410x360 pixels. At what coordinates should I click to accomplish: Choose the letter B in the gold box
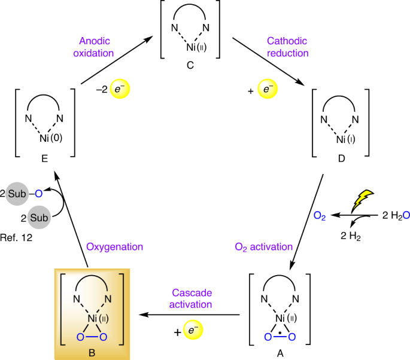(91, 352)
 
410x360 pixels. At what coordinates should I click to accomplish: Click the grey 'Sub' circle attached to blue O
(19, 192)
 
